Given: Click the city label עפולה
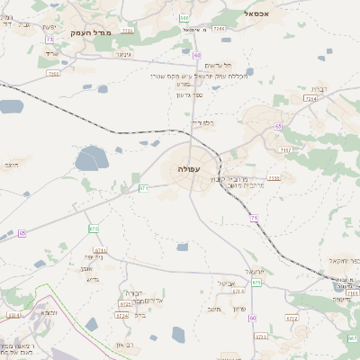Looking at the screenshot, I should coord(189,168).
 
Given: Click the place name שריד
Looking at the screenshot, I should coord(51,54).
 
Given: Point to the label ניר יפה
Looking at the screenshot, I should coord(94,257).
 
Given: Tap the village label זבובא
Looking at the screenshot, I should coord(49,312).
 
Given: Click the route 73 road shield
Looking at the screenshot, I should coord(49,40).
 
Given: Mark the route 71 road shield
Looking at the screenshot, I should coord(255,218).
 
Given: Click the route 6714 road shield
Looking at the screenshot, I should coord(100,250).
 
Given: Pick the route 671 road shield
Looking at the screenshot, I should coord(143,187).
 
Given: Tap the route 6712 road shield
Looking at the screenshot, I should coord(292,318).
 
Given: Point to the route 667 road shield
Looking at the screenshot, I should coord(353,337).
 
